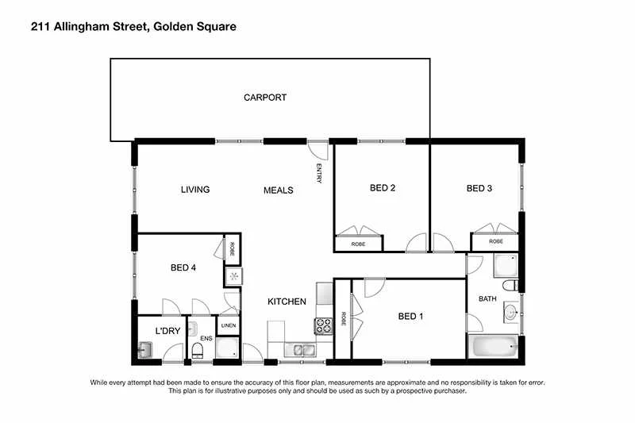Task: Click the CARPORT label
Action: (264, 98)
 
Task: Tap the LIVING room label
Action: (194, 190)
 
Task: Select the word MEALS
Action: (278, 190)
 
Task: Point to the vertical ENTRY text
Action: (319, 173)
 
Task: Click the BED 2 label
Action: (383, 188)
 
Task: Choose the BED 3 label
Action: (479, 188)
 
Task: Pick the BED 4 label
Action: (183, 267)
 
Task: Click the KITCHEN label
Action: (287, 302)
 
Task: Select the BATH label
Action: (487, 299)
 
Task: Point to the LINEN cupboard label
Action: (228, 326)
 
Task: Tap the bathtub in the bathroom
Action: (493, 346)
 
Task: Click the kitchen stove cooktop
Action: (324, 325)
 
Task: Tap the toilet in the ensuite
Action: (197, 350)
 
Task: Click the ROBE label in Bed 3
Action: (495, 241)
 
